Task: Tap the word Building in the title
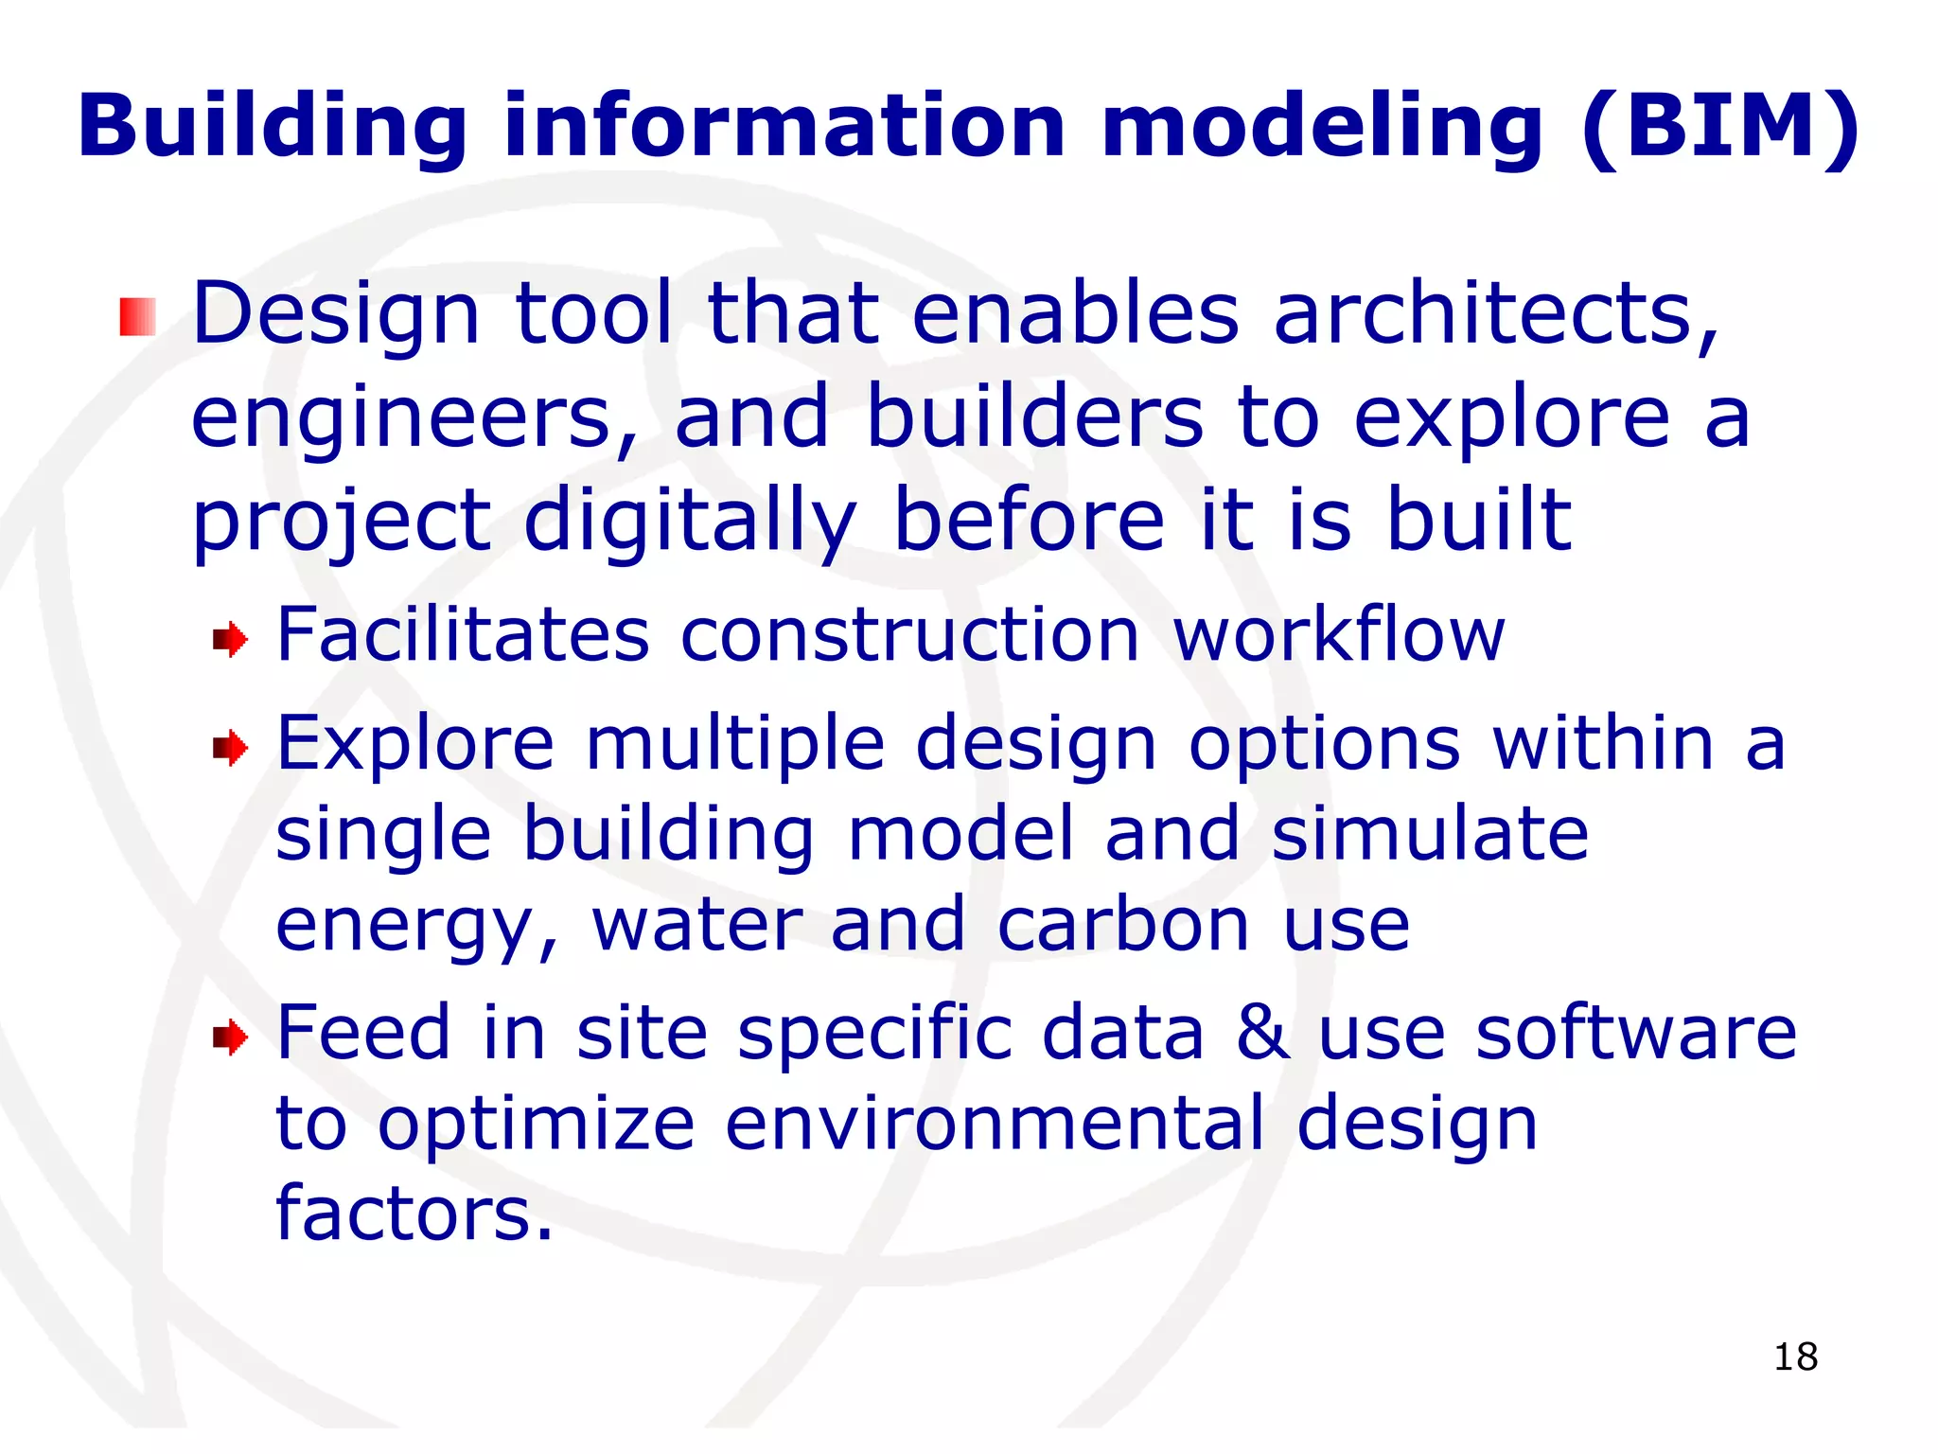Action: [273, 127]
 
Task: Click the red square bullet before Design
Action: [137, 316]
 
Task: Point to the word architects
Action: [1495, 314]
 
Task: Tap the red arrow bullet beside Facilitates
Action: [230, 640]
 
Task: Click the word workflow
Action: [1338, 634]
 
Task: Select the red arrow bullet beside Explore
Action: [230, 749]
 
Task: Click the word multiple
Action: [734, 744]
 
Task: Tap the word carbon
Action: [1123, 925]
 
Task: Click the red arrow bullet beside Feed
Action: [230, 1037]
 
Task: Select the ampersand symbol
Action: [1262, 1033]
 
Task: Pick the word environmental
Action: [995, 1124]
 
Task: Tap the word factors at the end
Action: [414, 1214]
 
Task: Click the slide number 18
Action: [1795, 1356]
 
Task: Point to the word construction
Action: [909, 634]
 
